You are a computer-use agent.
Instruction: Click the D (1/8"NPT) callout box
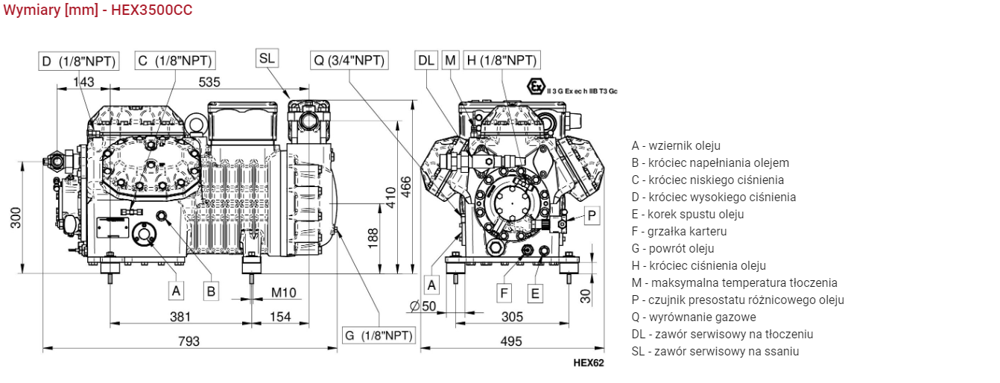[78, 61]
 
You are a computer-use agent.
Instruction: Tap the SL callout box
[267, 58]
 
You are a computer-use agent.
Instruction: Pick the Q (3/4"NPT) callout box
[349, 60]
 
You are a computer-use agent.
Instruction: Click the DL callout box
[426, 60]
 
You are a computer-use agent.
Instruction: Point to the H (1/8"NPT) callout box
[501, 60]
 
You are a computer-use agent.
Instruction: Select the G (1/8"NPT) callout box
[379, 335]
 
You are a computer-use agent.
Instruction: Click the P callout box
[592, 215]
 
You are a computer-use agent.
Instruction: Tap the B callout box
[212, 291]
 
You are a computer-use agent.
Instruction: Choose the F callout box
[504, 293]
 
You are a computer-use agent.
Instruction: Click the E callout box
[535, 293]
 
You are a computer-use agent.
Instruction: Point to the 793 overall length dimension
[189, 341]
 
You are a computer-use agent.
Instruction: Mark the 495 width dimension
[511, 341]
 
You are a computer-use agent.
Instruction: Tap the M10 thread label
[283, 292]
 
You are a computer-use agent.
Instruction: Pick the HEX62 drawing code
[588, 364]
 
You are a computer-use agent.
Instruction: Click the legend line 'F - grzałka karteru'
[679, 231]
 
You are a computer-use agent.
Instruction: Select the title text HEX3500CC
[151, 10]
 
